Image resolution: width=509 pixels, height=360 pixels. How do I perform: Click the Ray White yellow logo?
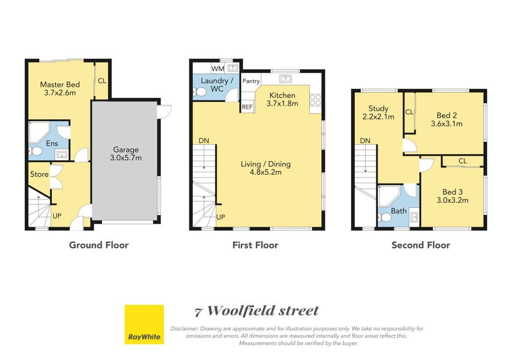click(x=144, y=324)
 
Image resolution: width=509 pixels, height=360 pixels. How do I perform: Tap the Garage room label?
click(x=126, y=150)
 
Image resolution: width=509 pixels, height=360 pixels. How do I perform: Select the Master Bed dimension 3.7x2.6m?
click(x=60, y=93)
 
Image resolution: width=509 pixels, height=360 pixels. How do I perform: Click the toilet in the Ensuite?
click(x=35, y=151)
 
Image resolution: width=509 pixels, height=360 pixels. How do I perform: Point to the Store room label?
click(x=39, y=175)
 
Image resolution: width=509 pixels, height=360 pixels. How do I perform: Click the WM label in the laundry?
click(x=218, y=69)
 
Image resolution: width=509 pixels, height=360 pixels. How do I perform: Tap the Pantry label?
click(x=251, y=81)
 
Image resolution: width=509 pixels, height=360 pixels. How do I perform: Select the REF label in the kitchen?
click(x=247, y=107)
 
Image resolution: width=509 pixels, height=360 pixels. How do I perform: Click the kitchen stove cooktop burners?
click(x=315, y=100)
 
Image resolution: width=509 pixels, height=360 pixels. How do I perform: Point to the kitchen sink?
click(x=285, y=79)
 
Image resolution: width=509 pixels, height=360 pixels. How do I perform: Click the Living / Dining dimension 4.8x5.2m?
click(x=265, y=173)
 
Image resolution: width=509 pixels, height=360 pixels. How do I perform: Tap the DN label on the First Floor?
click(x=204, y=141)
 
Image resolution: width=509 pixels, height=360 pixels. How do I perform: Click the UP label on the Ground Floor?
click(x=57, y=216)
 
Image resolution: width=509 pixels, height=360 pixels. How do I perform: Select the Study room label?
click(x=378, y=109)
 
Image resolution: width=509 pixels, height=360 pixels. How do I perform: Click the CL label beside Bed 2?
click(x=409, y=112)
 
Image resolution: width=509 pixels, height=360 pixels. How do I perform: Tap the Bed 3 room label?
click(x=452, y=192)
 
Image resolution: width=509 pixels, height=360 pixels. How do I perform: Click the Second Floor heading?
click(x=421, y=245)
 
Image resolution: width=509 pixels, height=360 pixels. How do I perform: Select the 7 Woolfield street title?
click(x=257, y=311)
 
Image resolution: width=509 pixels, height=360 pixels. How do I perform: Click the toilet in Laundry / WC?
click(x=200, y=92)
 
